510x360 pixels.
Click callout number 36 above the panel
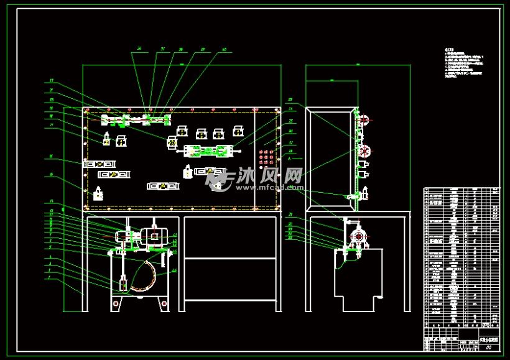point(139,48)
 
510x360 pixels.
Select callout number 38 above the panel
point(181,48)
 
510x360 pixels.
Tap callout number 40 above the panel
point(224,48)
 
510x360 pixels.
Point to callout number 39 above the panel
point(203,48)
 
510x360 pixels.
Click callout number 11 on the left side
point(52,80)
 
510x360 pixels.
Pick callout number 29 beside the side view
point(290,99)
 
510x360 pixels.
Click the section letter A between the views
point(290,159)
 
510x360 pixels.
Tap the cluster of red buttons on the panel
point(266,157)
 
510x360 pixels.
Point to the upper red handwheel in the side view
point(365,119)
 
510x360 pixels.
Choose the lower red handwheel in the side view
point(365,150)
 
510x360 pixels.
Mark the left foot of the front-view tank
point(116,305)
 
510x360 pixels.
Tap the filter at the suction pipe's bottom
point(123,285)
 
